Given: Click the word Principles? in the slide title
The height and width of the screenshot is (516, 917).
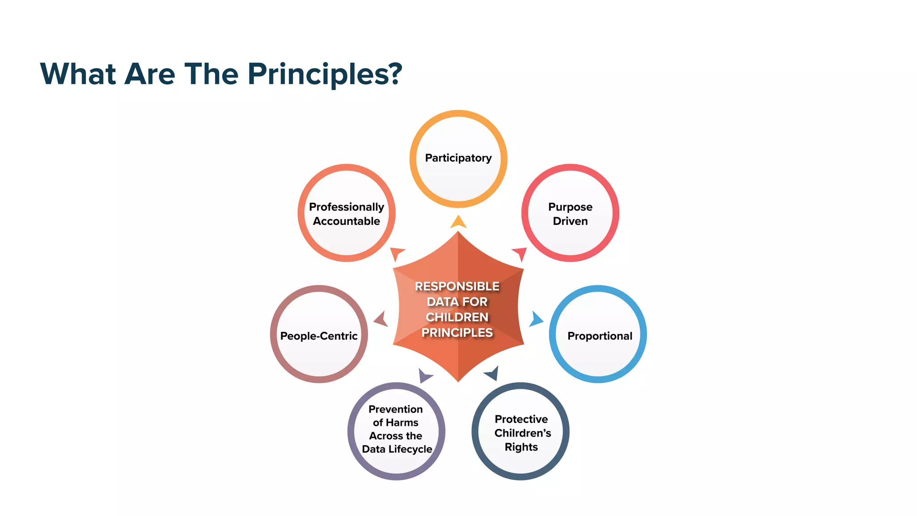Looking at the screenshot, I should (325, 74).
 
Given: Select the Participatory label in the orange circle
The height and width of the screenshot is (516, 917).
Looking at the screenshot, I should (458, 158).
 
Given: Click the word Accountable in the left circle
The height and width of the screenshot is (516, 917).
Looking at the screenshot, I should (346, 221).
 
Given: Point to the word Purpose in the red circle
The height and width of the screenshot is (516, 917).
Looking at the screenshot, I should (570, 207).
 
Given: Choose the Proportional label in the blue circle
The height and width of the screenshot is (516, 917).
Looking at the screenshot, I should (600, 336).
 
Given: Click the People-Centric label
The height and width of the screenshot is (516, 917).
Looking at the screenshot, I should (318, 336).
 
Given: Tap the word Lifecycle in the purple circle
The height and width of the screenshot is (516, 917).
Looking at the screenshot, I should (410, 449).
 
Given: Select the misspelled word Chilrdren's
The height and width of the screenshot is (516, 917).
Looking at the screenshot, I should (523, 433).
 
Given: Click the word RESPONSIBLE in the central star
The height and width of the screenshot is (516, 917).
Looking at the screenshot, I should (457, 286).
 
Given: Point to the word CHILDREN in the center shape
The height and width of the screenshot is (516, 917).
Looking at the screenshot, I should (457, 317).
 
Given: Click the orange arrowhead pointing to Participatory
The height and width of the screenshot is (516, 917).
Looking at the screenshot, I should (458, 222).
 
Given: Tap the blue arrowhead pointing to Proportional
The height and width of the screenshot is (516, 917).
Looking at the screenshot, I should (536, 319).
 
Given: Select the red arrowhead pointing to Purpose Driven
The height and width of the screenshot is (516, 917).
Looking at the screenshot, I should (520, 253).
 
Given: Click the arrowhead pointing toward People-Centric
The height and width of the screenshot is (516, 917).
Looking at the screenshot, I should (381, 319).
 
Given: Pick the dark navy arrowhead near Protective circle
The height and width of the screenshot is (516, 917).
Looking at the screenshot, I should (492, 373).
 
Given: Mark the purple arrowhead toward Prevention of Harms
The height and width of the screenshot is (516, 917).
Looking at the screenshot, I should (424, 375).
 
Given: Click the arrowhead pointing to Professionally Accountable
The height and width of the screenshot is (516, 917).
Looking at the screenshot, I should (397, 253).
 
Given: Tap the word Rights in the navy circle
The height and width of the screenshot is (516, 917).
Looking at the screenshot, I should (521, 447).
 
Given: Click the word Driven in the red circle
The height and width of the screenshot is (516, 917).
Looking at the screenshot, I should (570, 221).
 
